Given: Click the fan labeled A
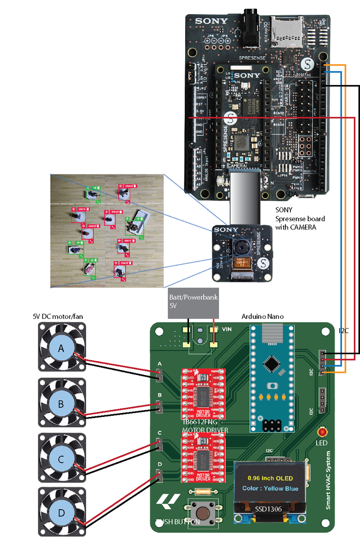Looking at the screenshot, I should point(62,347).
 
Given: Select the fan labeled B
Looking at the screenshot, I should point(62,404).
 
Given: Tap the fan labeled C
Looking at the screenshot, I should point(62,459).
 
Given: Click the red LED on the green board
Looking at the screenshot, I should point(322,432).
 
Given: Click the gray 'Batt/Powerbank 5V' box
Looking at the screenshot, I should point(192,302).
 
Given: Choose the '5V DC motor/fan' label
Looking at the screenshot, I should point(59,316).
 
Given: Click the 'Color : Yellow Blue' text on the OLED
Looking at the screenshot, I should point(270,488).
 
